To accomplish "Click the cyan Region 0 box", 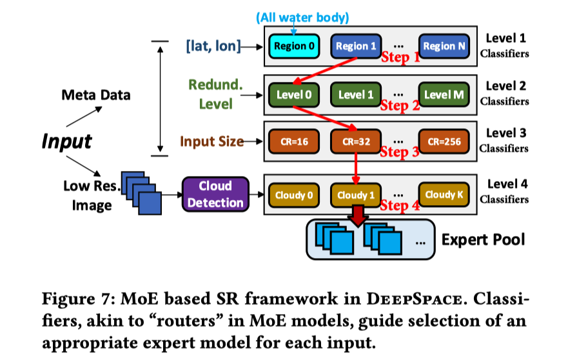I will point(294,46).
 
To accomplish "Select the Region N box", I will point(444,46).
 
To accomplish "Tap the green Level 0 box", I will point(294,95).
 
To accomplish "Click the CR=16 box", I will point(294,142).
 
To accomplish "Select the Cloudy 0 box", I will point(294,195).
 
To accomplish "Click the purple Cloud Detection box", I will point(215,194).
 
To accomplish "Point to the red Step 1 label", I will point(400,57).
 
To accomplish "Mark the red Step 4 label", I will point(400,206).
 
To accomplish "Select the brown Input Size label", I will point(211,141).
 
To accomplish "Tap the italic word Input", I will point(67,141).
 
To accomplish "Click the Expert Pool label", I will point(483,240).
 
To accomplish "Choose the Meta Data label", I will point(95,95).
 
